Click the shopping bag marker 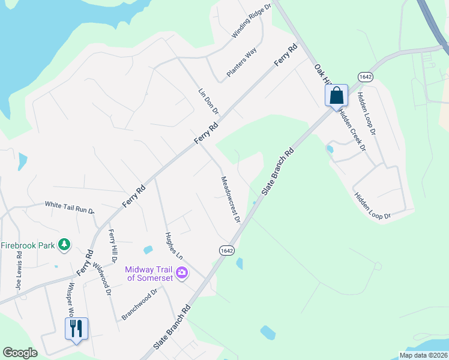click(x=337, y=95)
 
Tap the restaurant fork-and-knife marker click(x=76, y=329)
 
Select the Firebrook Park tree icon click(x=64, y=244)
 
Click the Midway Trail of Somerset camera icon click(x=182, y=274)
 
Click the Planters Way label click(x=241, y=62)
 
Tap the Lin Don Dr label click(x=208, y=103)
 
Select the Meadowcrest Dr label click(x=230, y=199)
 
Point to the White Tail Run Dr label click(x=70, y=208)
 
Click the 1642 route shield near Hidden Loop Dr click(x=366, y=76)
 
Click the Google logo click(x=20, y=353)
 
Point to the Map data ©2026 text click(x=423, y=355)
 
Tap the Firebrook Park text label click(x=27, y=245)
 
